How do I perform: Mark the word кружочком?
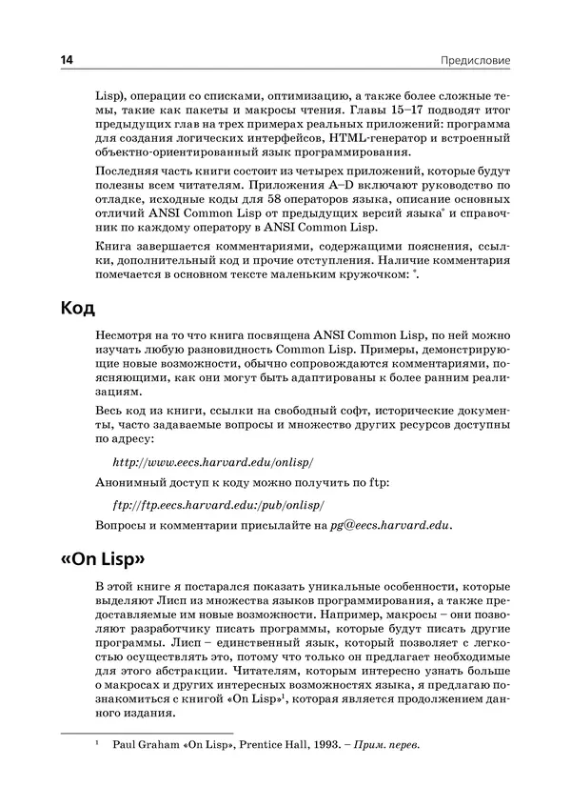(364, 275)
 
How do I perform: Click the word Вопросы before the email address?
(123, 525)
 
